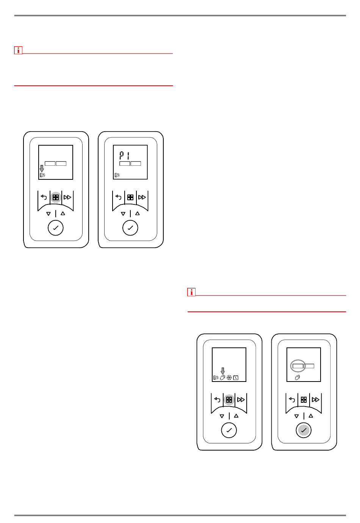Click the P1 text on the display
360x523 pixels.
click(x=124, y=155)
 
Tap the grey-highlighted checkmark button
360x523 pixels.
click(x=303, y=430)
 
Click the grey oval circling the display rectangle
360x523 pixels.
click(x=298, y=366)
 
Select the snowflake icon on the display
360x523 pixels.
click(x=229, y=377)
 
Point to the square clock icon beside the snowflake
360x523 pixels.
click(x=236, y=377)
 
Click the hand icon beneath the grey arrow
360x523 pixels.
click(x=222, y=377)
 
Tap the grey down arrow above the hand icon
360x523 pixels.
click(x=222, y=371)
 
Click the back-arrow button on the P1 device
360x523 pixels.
click(x=118, y=197)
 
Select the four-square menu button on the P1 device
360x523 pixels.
click(x=130, y=198)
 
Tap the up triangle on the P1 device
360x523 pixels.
click(x=138, y=214)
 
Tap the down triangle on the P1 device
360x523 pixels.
click(x=123, y=214)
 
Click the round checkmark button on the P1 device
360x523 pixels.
click(x=130, y=228)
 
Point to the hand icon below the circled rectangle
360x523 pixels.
click(x=297, y=377)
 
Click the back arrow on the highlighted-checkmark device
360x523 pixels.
click(x=292, y=400)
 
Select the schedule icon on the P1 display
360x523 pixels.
click(x=117, y=175)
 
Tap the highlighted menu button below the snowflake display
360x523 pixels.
click(x=229, y=400)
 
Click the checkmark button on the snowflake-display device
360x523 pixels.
click(x=229, y=430)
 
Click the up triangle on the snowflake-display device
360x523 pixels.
click(x=236, y=416)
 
